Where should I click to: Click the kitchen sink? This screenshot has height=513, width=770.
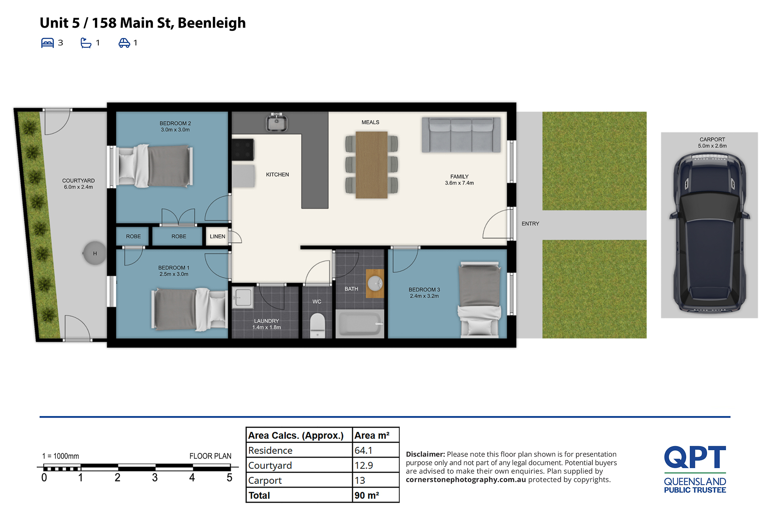point(276,122)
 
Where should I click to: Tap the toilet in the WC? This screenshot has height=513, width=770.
point(317,325)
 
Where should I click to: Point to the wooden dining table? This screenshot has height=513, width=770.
point(371,165)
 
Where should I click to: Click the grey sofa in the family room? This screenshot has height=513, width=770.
point(461,135)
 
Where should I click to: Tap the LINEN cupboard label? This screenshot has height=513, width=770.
point(217,236)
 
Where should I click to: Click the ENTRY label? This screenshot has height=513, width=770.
point(530,223)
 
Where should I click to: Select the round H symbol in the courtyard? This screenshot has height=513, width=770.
point(95,253)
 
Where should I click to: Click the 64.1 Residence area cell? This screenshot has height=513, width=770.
point(363,451)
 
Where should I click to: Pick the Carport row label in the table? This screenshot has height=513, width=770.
point(265,481)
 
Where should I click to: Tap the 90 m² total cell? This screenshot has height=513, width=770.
point(367,495)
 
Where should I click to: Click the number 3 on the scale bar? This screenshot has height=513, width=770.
point(155,477)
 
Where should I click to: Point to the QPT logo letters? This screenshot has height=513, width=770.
point(695,457)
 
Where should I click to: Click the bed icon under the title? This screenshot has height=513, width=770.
point(47,43)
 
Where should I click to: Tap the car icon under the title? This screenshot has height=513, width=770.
point(124,43)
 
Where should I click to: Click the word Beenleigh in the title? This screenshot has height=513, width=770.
point(211,23)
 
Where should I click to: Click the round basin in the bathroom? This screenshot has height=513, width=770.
point(375,284)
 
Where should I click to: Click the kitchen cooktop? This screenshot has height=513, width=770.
point(243,149)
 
